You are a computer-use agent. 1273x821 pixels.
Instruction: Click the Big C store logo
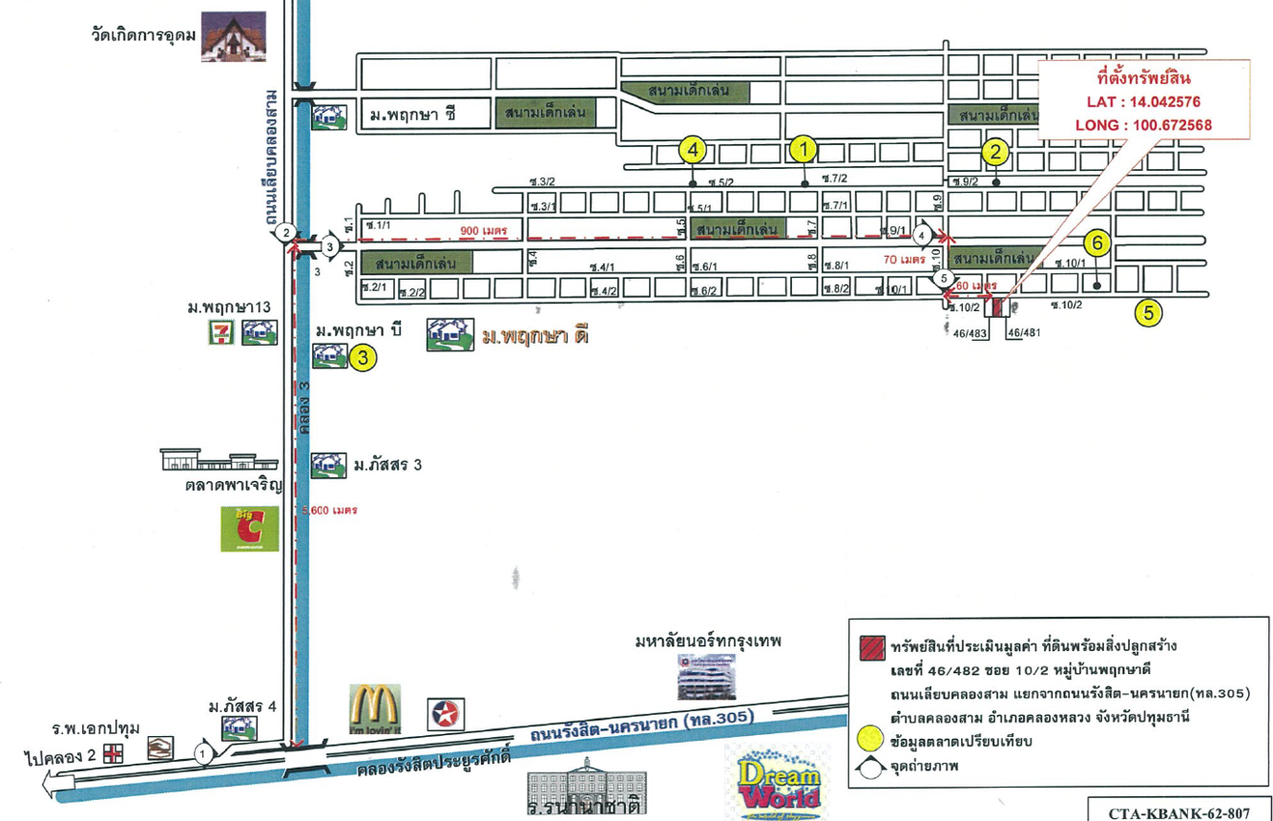coord(250,529)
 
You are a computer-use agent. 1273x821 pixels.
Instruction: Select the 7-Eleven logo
coord(222,332)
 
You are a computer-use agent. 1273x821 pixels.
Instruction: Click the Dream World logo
coord(778,781)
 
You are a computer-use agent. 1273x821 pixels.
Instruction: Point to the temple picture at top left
coord(233,38)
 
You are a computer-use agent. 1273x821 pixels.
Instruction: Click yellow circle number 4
coord(693,149)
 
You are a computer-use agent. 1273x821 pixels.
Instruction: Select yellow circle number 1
coord(803,149)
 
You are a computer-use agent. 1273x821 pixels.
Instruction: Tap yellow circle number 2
coord(995,151)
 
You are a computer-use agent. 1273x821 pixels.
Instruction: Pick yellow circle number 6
coord(1097,244)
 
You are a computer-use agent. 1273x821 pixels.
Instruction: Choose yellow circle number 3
coord(363,358)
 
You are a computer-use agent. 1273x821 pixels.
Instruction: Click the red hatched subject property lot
coord(998,307)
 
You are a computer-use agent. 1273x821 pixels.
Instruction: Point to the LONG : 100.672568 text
coord(1143,124)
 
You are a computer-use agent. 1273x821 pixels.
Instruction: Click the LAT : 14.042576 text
coord(1143,102)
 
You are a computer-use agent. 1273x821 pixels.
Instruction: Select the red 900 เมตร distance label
coord(483,231)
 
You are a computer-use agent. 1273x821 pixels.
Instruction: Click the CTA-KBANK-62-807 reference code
coord(1179,811)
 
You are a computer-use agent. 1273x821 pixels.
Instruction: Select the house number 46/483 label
coord(970,332)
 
